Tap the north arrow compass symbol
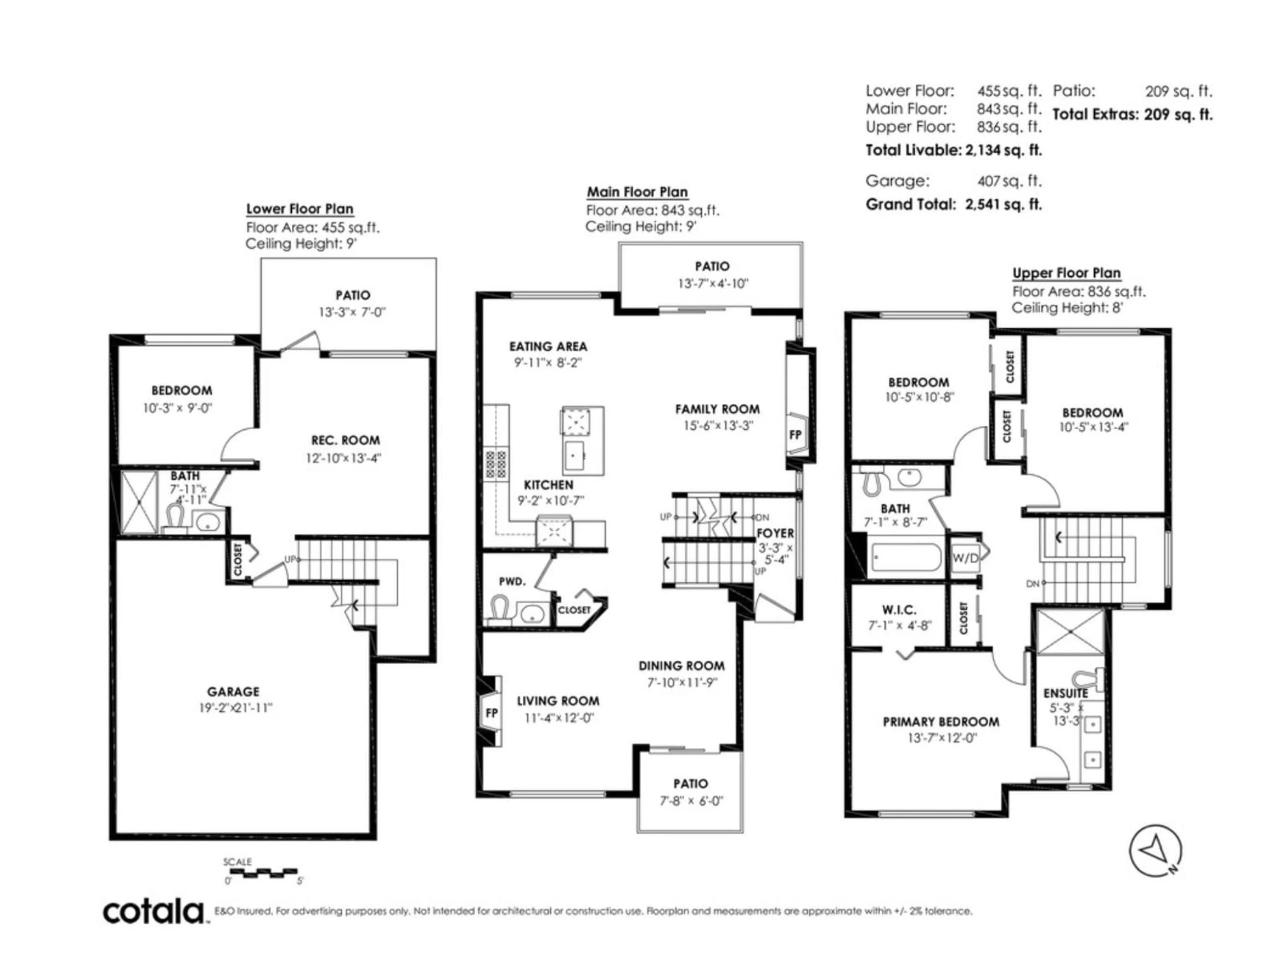(x=1154, y=851)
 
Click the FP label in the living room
(x=491, y=713)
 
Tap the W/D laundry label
(x=965, y=558)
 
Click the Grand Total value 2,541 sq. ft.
(x=1003, y=204)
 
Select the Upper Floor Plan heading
(x=1066, y=273)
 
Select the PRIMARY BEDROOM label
(x=941, y=722)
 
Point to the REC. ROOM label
(x=345, y=440)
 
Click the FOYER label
(x=775, y=533)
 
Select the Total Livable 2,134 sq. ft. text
(x=954, y=150)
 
